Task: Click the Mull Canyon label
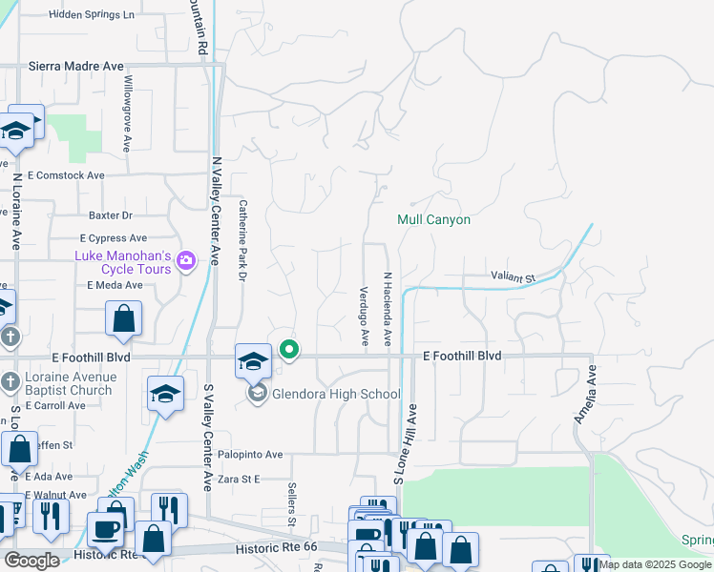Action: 434,219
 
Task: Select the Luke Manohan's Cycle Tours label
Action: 124,262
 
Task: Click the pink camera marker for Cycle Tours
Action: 186,260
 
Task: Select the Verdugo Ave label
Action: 364,316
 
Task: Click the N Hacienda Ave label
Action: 388,310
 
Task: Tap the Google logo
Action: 32,561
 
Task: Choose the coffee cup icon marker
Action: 105,527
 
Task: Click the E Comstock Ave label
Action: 66,175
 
